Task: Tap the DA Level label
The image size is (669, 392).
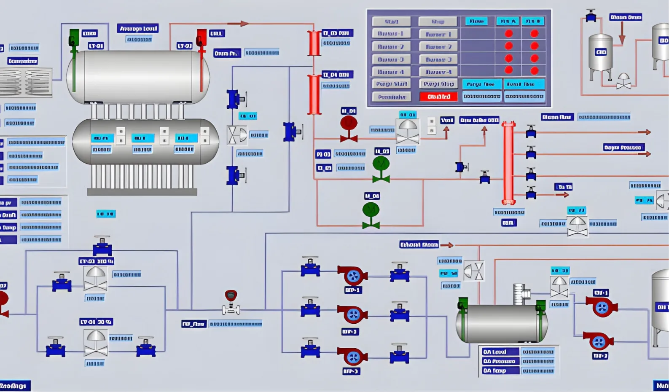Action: coord(495,352)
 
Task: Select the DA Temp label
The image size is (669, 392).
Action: coord(495,371)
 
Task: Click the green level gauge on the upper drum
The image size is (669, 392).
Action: coord(74,59)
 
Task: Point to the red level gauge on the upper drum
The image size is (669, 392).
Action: coord(202,59)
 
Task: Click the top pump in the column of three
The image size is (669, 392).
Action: coord(352,276)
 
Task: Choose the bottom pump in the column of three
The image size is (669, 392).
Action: coord(352,357)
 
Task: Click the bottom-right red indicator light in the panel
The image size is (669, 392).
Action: coord(535,71)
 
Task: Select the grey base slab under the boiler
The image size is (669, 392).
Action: coord(142,192)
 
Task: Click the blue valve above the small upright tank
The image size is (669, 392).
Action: coord(591,16)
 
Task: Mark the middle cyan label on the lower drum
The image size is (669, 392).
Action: coord(142,138)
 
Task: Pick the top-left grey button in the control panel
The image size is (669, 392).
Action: coord(391,21)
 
